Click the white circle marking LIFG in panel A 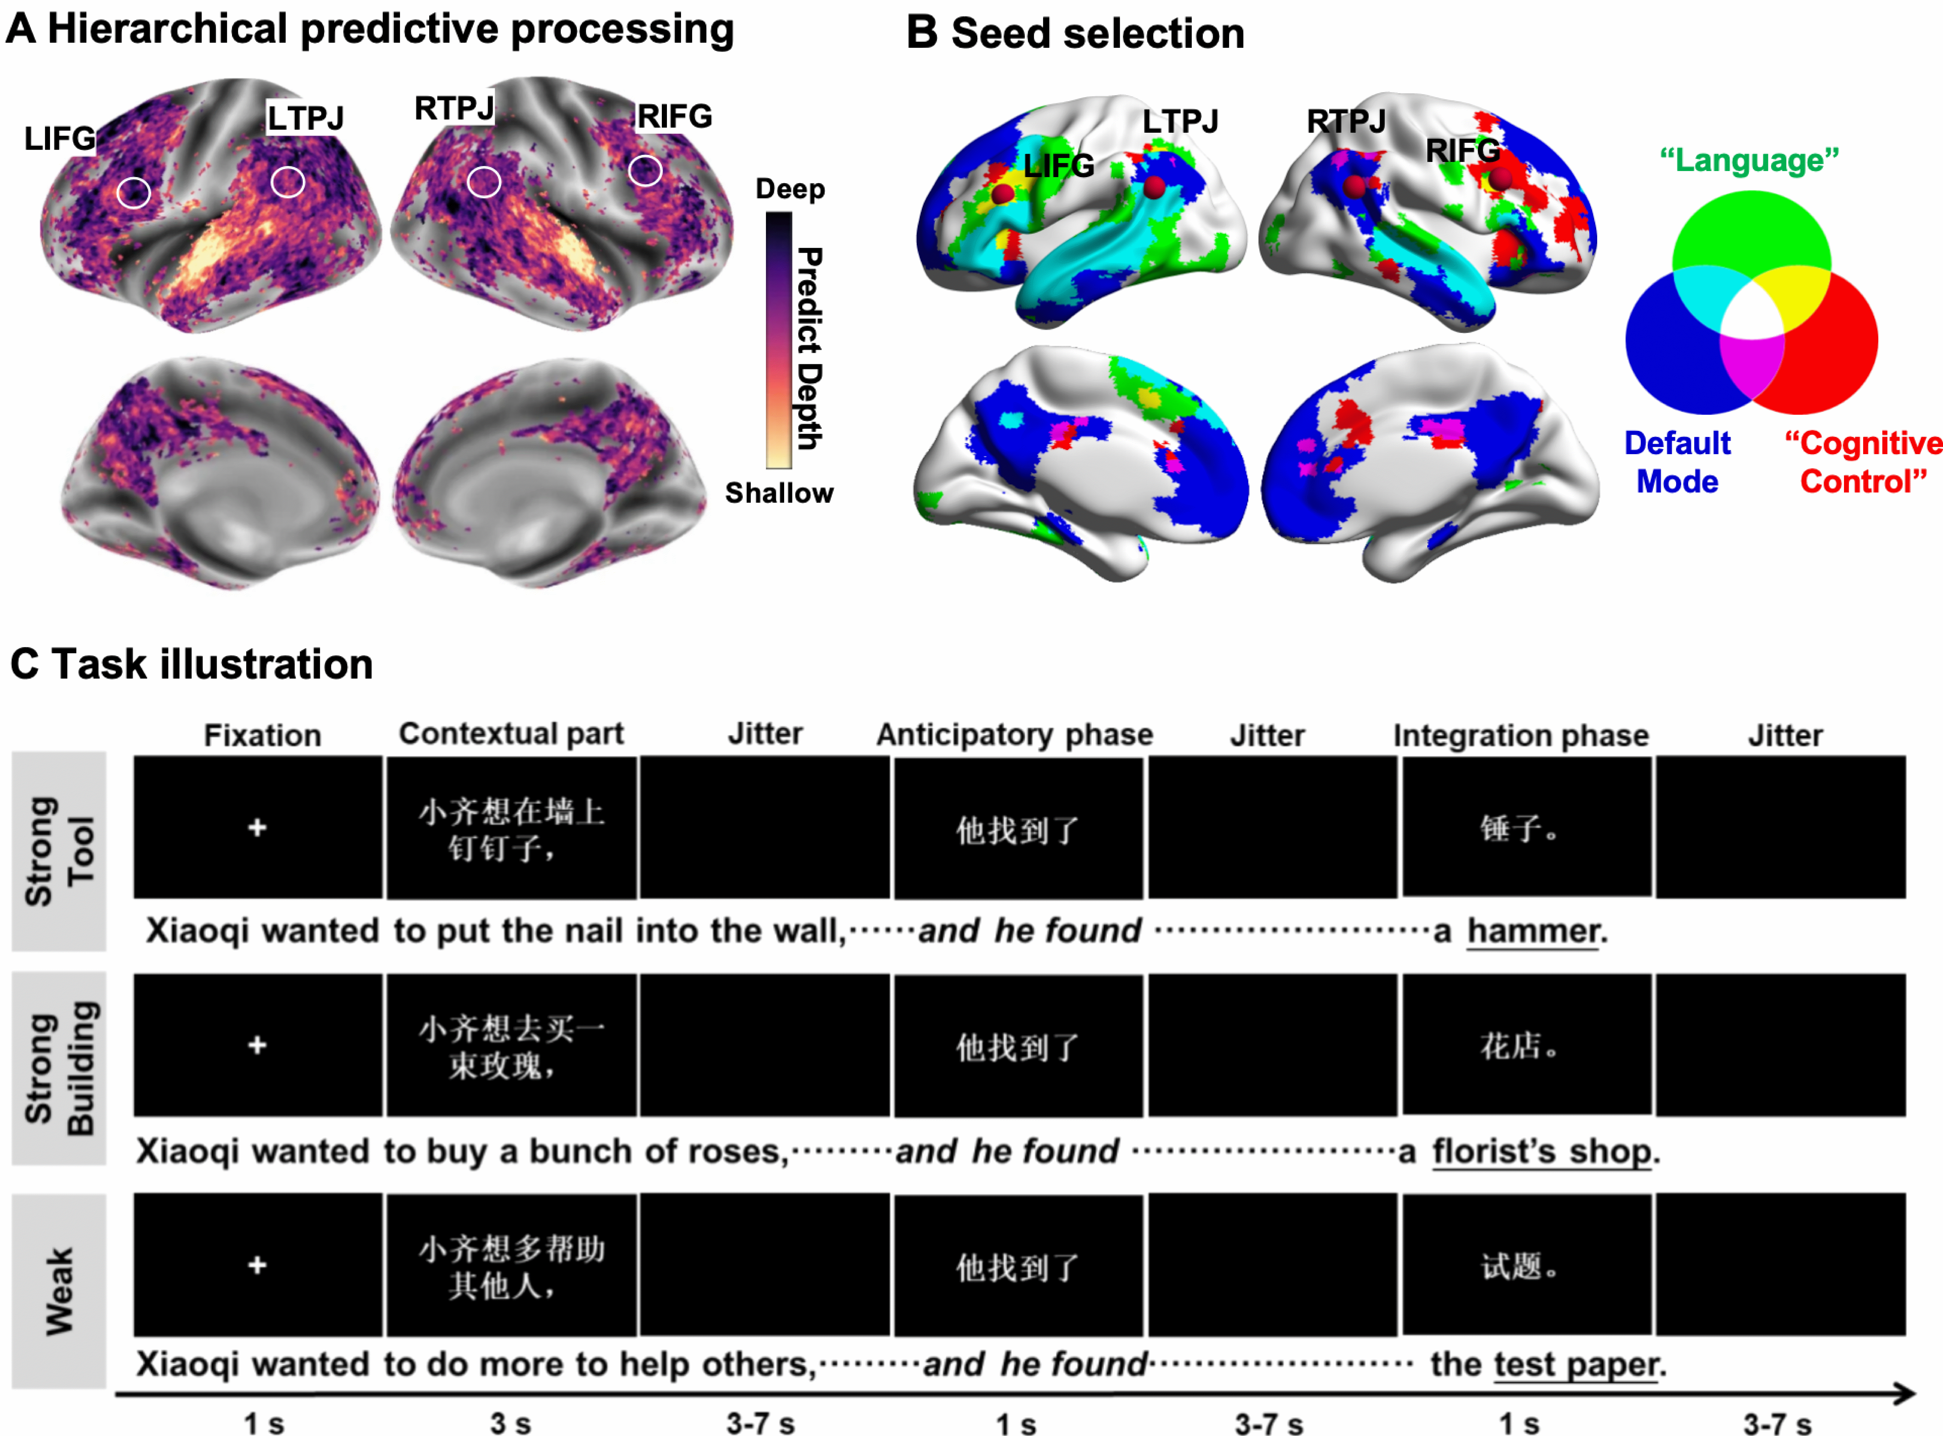click(133, 192)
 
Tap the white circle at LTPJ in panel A click(288, 182)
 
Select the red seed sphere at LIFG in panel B click(1002, 193)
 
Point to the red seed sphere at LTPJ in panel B click(1154, 186)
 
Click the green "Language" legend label click(1749, 161)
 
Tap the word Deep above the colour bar click(789, 189)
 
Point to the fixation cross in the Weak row click(257, 1265)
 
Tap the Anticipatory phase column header click(1014, 735)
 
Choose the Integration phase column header click(1520, 735)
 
